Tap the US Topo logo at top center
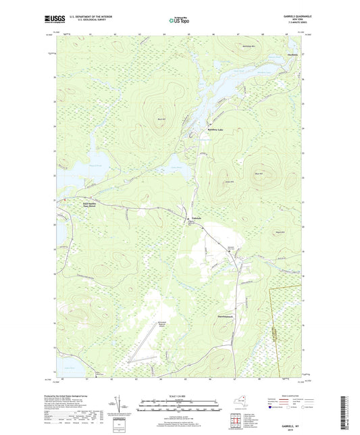(179, 21)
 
